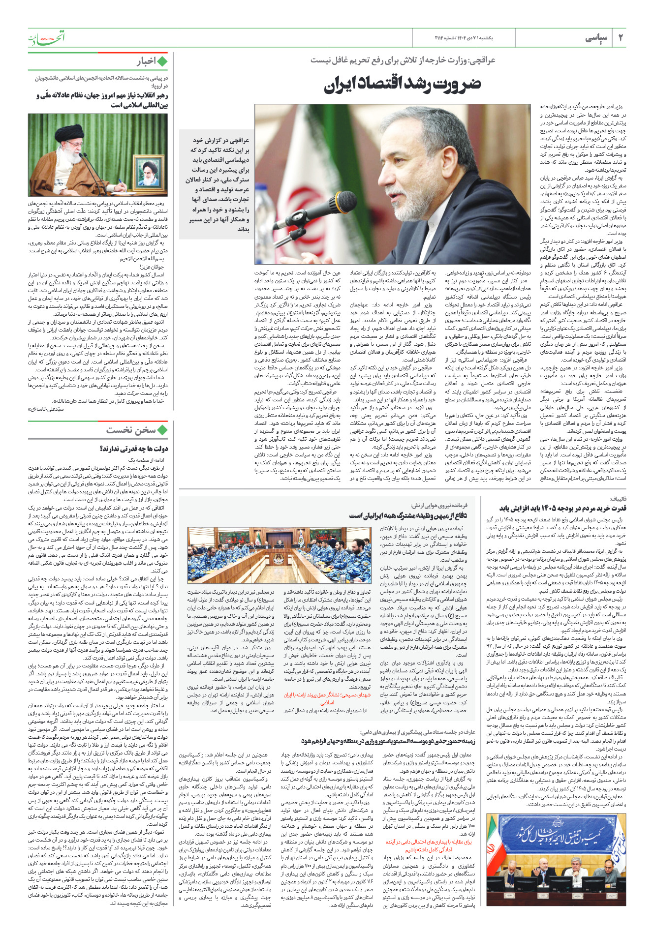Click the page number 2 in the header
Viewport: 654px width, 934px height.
[621, 37]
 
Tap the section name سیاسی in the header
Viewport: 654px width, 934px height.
[596, 38]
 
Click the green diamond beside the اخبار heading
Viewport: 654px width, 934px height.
[161, 61]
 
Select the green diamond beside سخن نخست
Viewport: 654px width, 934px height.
[161, 430]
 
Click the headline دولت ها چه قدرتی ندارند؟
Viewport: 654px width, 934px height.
[133, 449]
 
